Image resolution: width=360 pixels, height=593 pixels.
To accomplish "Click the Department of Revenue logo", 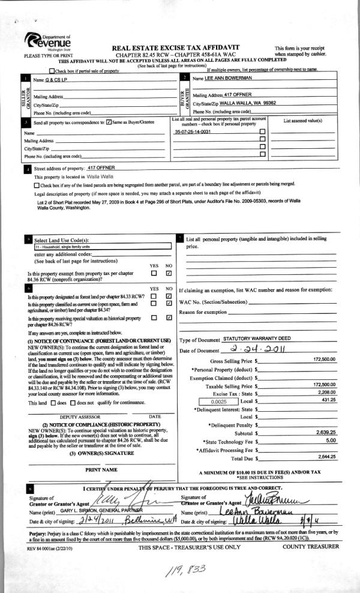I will point(49,43).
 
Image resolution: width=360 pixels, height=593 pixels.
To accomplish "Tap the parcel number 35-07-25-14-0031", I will point(192,131).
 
